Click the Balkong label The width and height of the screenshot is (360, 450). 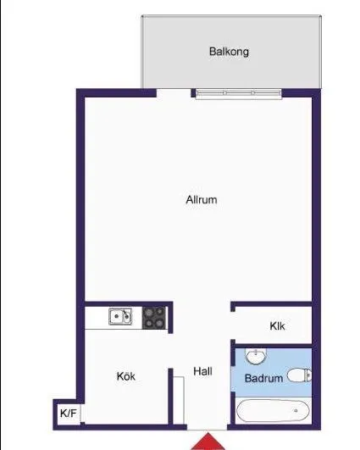229,52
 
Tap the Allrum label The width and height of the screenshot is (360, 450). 202,199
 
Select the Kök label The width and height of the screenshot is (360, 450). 126,376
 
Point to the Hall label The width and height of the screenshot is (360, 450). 202,371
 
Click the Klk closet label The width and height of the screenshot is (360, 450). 277,326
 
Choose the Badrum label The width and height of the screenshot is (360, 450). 263,378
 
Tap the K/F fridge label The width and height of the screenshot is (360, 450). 69,414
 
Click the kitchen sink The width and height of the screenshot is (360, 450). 120,317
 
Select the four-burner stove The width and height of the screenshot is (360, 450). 154,318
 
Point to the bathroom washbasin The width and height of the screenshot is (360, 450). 256,357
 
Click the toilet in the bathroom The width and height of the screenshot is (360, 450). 300,375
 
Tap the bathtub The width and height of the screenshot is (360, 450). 273,411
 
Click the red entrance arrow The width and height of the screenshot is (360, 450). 208,442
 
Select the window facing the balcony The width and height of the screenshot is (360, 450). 238,93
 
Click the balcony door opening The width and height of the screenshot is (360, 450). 174,93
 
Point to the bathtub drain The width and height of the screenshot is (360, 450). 296,411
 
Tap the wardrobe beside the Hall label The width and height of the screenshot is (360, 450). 178,400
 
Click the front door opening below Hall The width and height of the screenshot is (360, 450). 208,427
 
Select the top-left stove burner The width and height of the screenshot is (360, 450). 149,313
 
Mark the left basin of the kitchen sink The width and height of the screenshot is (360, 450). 116,317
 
